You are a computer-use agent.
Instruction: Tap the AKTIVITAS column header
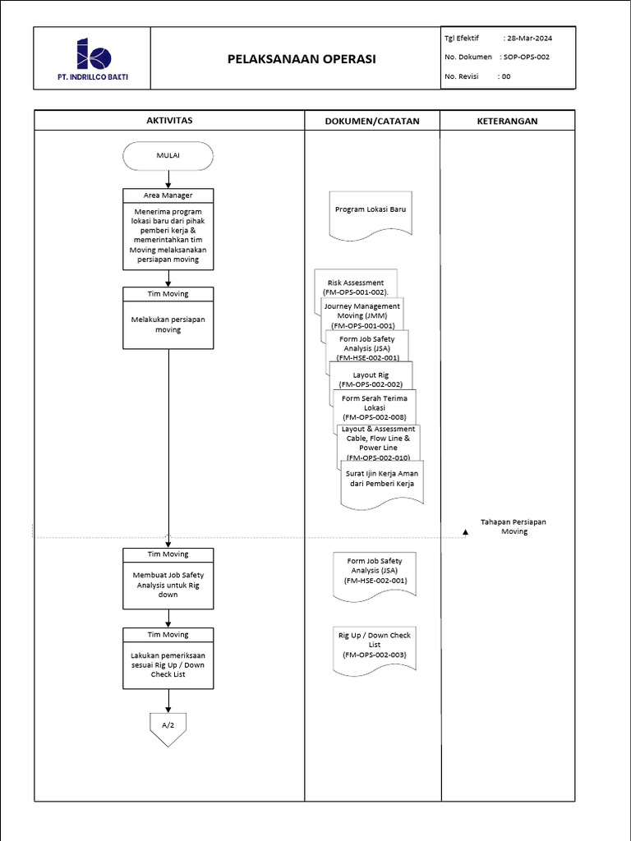[x=168, y=121]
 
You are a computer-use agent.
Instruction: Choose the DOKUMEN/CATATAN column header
[x=372, y=121]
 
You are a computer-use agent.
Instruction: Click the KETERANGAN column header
[x=507, y=121]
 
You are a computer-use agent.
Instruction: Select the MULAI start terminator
[x=168, y=155]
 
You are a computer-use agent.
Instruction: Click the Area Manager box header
[x=168, y=195]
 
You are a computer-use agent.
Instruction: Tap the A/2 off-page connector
[x=168, y=728]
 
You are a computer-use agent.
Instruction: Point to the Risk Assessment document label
[x=356, y=283]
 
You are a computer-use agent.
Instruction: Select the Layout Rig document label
[x=371, y=375]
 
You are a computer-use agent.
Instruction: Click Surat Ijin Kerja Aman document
[x=381, y=480]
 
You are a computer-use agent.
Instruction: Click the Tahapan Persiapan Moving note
[x=514, y=526]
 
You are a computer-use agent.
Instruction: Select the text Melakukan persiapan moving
[x=168, y=324]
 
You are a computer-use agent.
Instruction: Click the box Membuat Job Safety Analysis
[x=168, y=585]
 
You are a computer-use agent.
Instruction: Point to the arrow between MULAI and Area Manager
[x=168, y=179]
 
